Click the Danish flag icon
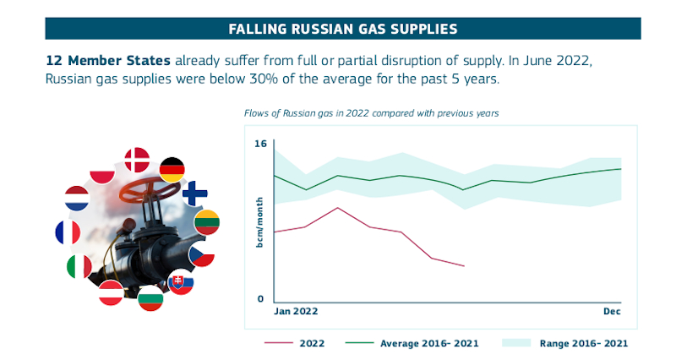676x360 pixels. (136, 160)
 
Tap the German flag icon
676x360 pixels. (172, 170)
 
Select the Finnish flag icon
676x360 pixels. (195, 194)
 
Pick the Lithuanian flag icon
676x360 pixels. (207, 223)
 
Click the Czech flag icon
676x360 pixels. (201, 254)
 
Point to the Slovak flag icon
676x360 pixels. (181, 282)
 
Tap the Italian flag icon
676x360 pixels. (79, 267)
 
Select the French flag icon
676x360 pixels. (68, 232)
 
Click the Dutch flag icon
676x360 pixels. (77, 199)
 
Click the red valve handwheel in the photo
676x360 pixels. (139, 187)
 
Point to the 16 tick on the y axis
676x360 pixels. (260, 145)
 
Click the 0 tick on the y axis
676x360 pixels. (261, 299)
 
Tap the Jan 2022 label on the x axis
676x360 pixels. (296, 312)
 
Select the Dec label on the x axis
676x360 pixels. (612, 312)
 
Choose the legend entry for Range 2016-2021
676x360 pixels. (584, 343)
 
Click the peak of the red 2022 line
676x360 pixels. (337, 207)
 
